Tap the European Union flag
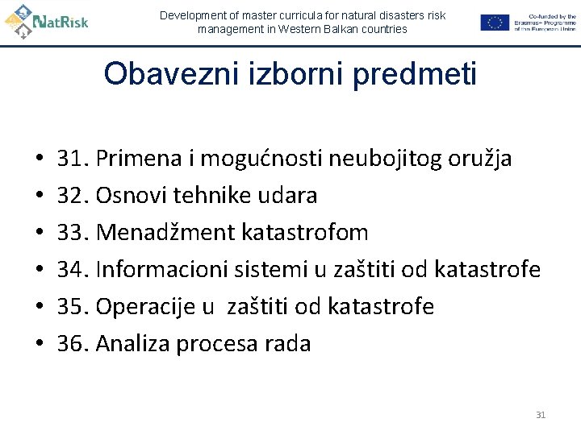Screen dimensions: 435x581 point(495,23)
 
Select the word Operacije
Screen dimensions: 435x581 point(147,307)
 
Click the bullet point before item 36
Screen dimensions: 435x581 point(38,345)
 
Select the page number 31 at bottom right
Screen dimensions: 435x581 point(541,415)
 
